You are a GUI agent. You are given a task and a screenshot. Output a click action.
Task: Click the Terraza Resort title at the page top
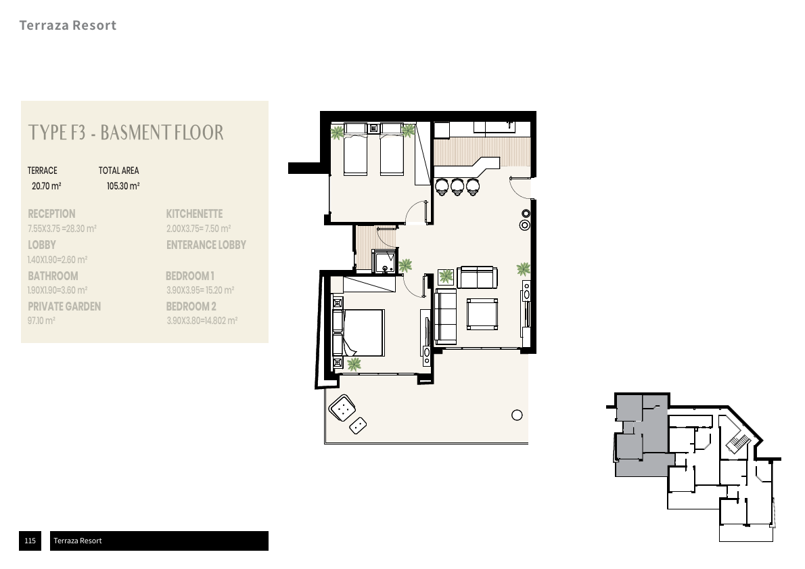click(x=68, y=26)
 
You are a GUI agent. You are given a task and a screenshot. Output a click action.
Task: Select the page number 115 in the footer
click(x=30, y=541)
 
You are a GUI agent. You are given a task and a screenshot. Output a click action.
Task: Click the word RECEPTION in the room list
click(x=51, y=214)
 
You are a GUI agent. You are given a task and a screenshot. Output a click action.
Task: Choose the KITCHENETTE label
click(x=194, y=214)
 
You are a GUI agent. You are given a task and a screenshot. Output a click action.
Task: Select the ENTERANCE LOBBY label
click(x=206, y=245)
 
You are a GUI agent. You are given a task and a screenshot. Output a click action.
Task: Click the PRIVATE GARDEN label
click(x=64, y=306)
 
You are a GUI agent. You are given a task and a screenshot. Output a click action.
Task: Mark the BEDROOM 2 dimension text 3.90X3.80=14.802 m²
click(x=202, y=321)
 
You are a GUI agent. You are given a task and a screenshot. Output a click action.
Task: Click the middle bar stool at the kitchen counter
click(x=457, y=186)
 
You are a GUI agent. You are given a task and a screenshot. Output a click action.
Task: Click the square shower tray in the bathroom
click(x=385, y=262)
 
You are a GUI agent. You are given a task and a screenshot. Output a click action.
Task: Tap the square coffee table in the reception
click(x=483, y=313)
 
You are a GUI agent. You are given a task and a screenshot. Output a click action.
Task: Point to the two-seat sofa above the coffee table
click(x=477, y=277)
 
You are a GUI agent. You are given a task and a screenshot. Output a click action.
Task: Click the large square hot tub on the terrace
click(x=342, y=407)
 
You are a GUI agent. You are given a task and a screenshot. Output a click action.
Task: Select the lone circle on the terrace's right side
click(x=517, y=415)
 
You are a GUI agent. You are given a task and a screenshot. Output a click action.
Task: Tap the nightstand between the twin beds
click(x=374, y=128)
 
